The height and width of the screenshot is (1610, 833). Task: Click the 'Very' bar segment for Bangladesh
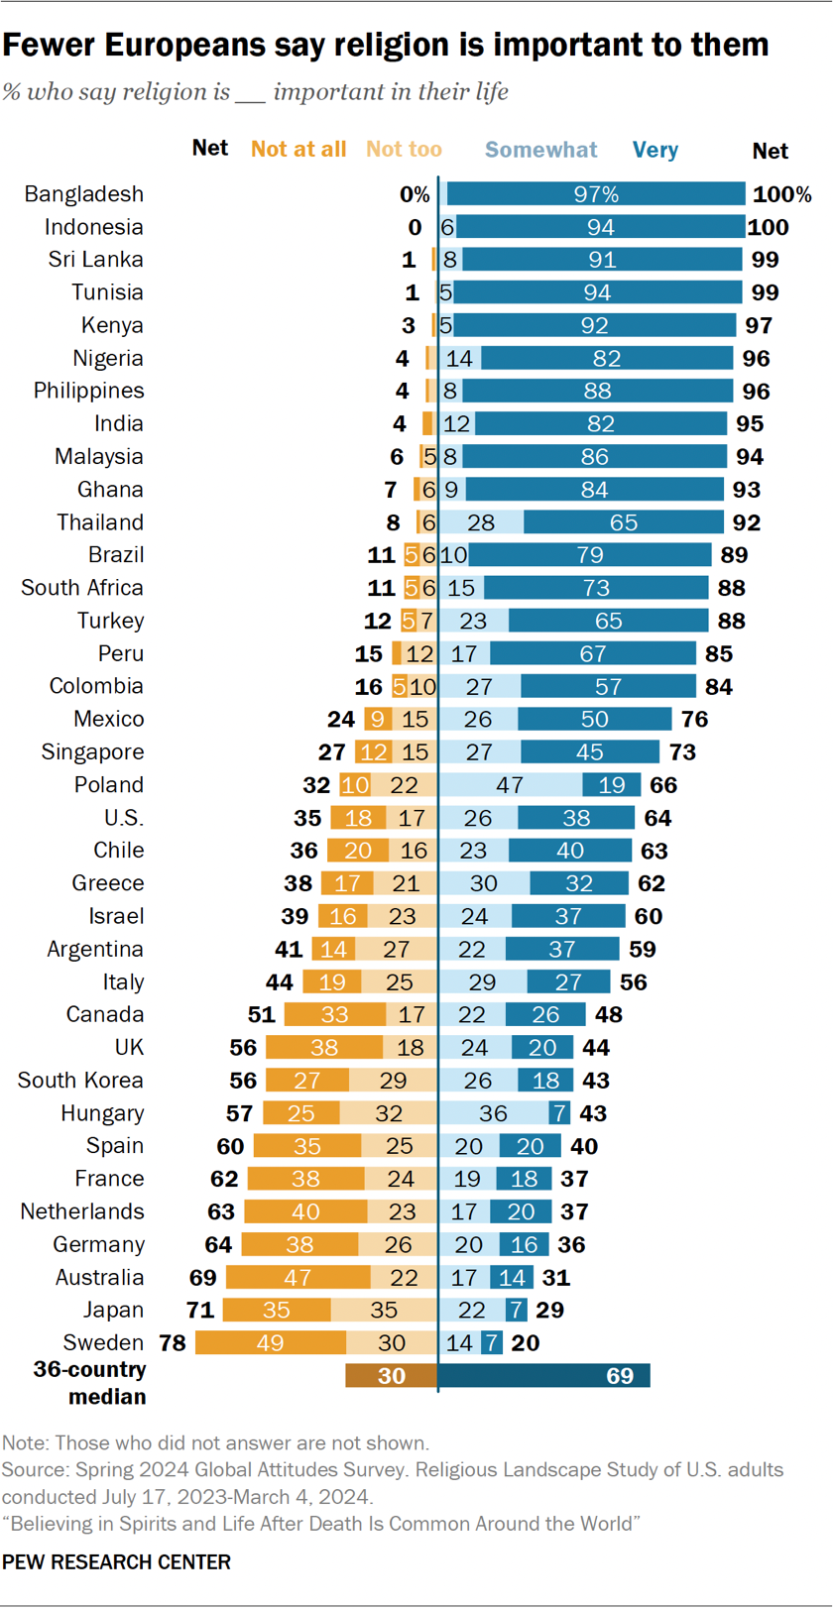click(x=596, y=194)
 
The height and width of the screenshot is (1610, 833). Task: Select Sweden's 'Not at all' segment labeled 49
click(x=270, y=1343)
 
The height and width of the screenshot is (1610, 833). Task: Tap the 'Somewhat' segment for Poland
click(x=510, y=785)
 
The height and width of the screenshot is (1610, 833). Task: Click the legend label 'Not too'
click(x=404, y=150)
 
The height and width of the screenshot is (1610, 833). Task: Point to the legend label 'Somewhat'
click(x=540, y=150)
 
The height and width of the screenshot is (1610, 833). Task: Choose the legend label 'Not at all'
click(x=298, y=150)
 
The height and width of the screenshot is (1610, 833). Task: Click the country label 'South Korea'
click(x=80, y=1081)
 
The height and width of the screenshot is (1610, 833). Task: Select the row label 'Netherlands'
click(x=82, y=1211)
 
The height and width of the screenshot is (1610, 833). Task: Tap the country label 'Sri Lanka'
click(x=96, y=260)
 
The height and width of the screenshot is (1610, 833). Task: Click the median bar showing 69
click(x=543, y=1376)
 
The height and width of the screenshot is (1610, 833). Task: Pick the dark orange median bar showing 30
click(x=391, y=1376)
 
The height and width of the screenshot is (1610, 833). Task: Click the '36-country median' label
click(x=90, y=1383)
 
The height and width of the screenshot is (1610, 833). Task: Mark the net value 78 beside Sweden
click(x=173, y=1343)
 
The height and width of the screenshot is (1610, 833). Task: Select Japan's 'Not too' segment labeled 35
click(x=384, y=1311)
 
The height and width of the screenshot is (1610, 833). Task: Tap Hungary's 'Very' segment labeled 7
click(x=560, y=1113)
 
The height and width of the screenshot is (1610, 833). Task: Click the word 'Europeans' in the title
click(x=174, y=45)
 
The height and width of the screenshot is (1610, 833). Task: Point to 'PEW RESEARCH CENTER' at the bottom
click(x=116, y=1562)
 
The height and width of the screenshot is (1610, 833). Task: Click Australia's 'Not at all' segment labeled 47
click(x=297, y=1278)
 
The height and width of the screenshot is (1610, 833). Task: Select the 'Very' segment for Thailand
click(x=623, y=522)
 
